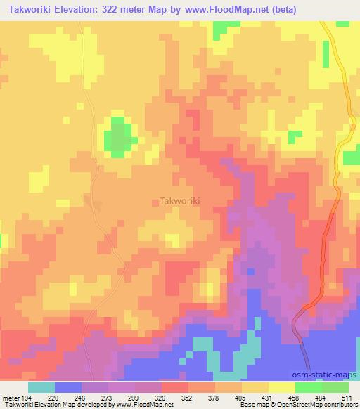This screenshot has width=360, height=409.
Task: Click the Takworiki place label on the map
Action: pyautogui.click(x=180, y=200)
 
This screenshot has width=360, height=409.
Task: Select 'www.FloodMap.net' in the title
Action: pyautogui.click(x=218, y=10)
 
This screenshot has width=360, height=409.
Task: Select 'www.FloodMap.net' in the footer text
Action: pyautogui.click(x=146, y=405)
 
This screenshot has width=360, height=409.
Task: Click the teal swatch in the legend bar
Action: pyautogui.click(x=41, y=387)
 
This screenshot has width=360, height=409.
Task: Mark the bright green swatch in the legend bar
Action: pyautogui.click(x=309, y=387)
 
